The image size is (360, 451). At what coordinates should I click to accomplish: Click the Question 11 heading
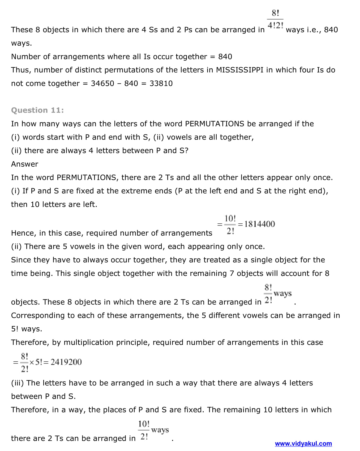[x=37, y=110]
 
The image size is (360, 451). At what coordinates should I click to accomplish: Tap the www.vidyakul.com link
[x=303, y=444]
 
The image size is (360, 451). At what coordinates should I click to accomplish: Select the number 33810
[x=161, y=83]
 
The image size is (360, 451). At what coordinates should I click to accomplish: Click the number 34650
[x=102, y=83]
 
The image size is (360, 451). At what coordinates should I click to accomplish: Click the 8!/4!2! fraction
[x=275, y=19]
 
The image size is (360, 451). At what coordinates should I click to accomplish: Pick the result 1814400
[x=259, y=224]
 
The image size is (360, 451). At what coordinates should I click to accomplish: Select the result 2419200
[x=66, y=362]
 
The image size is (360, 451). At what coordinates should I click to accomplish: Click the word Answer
[x=25, y=164]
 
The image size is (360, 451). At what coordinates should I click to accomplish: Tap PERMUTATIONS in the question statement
[x=215, y=124]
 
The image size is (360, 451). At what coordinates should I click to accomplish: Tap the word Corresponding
[x=38, y=315]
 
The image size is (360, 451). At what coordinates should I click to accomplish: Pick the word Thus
[x=21, y=70]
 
